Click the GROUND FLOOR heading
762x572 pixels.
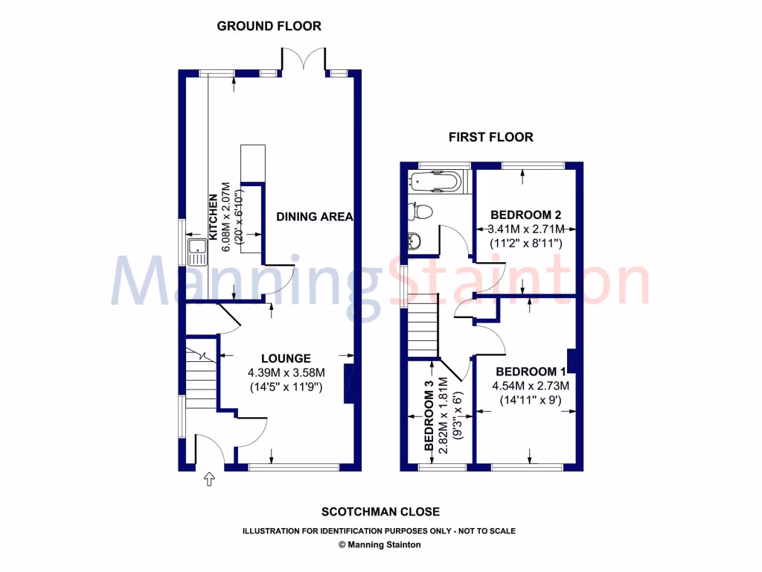269,26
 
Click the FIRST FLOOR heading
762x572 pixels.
490,137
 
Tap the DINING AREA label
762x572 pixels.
314,217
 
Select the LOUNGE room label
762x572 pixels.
286,358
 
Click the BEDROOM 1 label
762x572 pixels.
531,372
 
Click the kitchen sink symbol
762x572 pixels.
197,252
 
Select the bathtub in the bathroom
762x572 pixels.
435,181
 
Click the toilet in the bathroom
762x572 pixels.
420,212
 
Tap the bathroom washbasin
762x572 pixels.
415,241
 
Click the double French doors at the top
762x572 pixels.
304,60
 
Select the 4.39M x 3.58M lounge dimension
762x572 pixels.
286,372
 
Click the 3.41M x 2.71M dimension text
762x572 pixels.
528,229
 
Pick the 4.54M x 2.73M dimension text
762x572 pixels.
531,386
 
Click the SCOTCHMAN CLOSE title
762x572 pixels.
380,512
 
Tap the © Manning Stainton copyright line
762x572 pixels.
380,544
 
